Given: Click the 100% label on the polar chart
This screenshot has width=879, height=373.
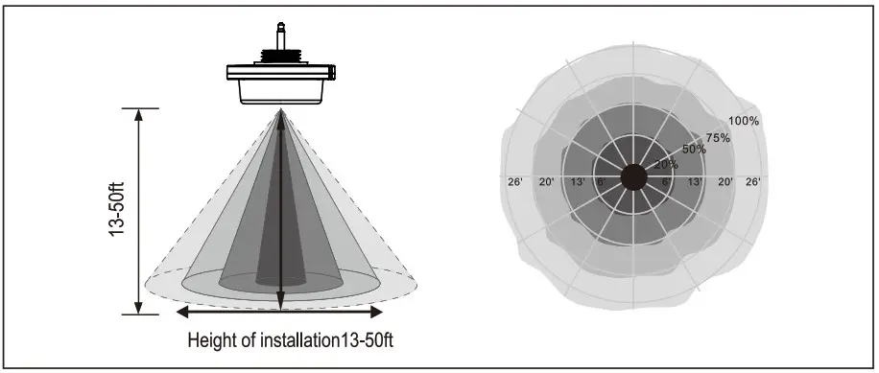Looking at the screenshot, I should [744, 121].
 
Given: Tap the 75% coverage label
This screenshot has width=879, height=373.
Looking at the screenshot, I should [719, 137].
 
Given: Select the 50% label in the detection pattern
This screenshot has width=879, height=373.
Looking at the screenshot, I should [694, 149].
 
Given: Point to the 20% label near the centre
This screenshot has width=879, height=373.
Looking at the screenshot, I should [664, 165].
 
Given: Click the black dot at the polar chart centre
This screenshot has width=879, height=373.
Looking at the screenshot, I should [633, 177].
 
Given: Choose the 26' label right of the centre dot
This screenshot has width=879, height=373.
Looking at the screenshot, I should [753, 181].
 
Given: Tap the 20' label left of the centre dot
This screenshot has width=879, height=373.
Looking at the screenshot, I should [547, 181].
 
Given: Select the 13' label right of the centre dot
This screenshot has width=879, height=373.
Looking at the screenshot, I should [696, 181].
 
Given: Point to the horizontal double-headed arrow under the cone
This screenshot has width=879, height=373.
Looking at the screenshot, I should [280, 312].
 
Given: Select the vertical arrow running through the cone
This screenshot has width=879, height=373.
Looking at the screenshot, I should [280, 211].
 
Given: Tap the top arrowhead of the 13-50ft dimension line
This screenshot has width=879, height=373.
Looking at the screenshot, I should [140, 115].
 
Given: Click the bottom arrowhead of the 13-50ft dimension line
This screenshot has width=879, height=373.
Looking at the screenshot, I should [140, 308].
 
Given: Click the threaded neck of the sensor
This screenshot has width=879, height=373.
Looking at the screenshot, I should [280, 55].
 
